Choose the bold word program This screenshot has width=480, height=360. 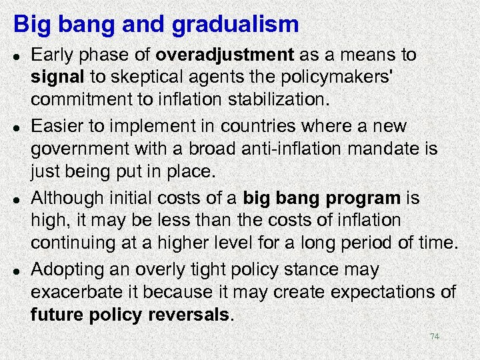point(363,199)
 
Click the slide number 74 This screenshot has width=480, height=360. point(434,337)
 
